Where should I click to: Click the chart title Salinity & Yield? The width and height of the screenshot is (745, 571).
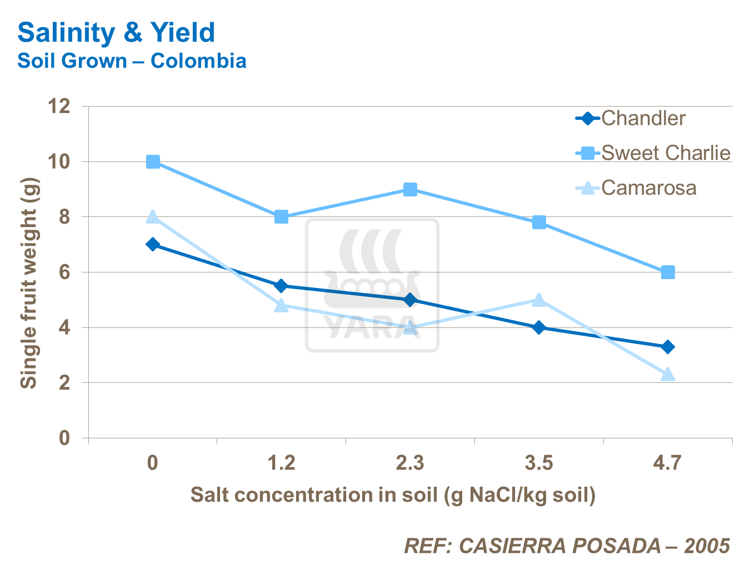pos(116,33)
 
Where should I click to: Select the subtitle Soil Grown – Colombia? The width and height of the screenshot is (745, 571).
pos(132,60)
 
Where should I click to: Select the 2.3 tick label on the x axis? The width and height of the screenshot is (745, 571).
pos(410,462)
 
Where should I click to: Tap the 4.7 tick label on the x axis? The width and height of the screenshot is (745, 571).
pos(667,462)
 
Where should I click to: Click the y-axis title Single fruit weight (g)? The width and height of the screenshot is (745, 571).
pos(29,283)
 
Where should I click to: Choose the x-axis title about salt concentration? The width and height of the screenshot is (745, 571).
pos(393,494)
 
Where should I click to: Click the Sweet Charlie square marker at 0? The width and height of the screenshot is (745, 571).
pos(153,161)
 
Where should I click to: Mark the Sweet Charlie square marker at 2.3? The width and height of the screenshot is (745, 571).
pos(411,189)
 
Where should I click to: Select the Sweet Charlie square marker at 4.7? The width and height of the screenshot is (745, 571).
pos(668,272)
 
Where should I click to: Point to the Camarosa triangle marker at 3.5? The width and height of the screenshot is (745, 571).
pos(539,300)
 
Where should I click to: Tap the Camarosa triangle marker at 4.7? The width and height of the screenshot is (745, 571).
pos(668,375)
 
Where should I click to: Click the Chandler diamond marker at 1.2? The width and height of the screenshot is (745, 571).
pos(282,286)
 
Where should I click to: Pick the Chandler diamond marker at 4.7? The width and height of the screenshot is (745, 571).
pos(668,347)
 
